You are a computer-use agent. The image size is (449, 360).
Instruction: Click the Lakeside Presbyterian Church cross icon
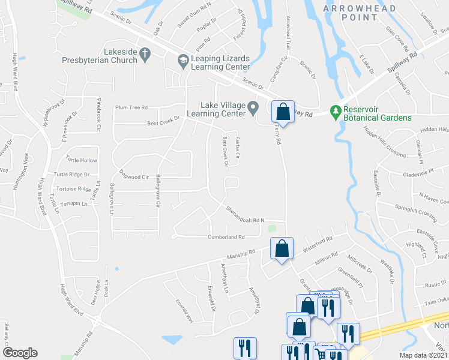click(x=144, y=54)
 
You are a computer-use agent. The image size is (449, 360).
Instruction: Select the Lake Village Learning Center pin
click(x=253, y=109)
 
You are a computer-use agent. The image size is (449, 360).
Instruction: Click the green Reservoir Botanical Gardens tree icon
click(x=336, y=111)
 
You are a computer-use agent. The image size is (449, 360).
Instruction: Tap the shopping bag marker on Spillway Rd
click(x=283, y=112)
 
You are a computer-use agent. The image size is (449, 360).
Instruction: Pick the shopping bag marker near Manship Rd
click(x=282, y=248)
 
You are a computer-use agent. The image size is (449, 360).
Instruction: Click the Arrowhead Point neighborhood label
click(x=360, y=13)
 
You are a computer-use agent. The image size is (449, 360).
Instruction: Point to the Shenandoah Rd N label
click(x=246, y=215)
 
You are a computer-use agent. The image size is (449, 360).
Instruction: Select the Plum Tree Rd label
click(x=131, y=107)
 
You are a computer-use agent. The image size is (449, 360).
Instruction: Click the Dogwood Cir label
click(x=134, y=177)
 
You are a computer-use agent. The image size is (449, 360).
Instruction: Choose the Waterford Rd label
click(x=318, y=244)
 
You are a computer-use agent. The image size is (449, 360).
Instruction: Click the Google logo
click(x=20, y=353)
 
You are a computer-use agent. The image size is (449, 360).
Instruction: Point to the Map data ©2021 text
click(x=424, y=355)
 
